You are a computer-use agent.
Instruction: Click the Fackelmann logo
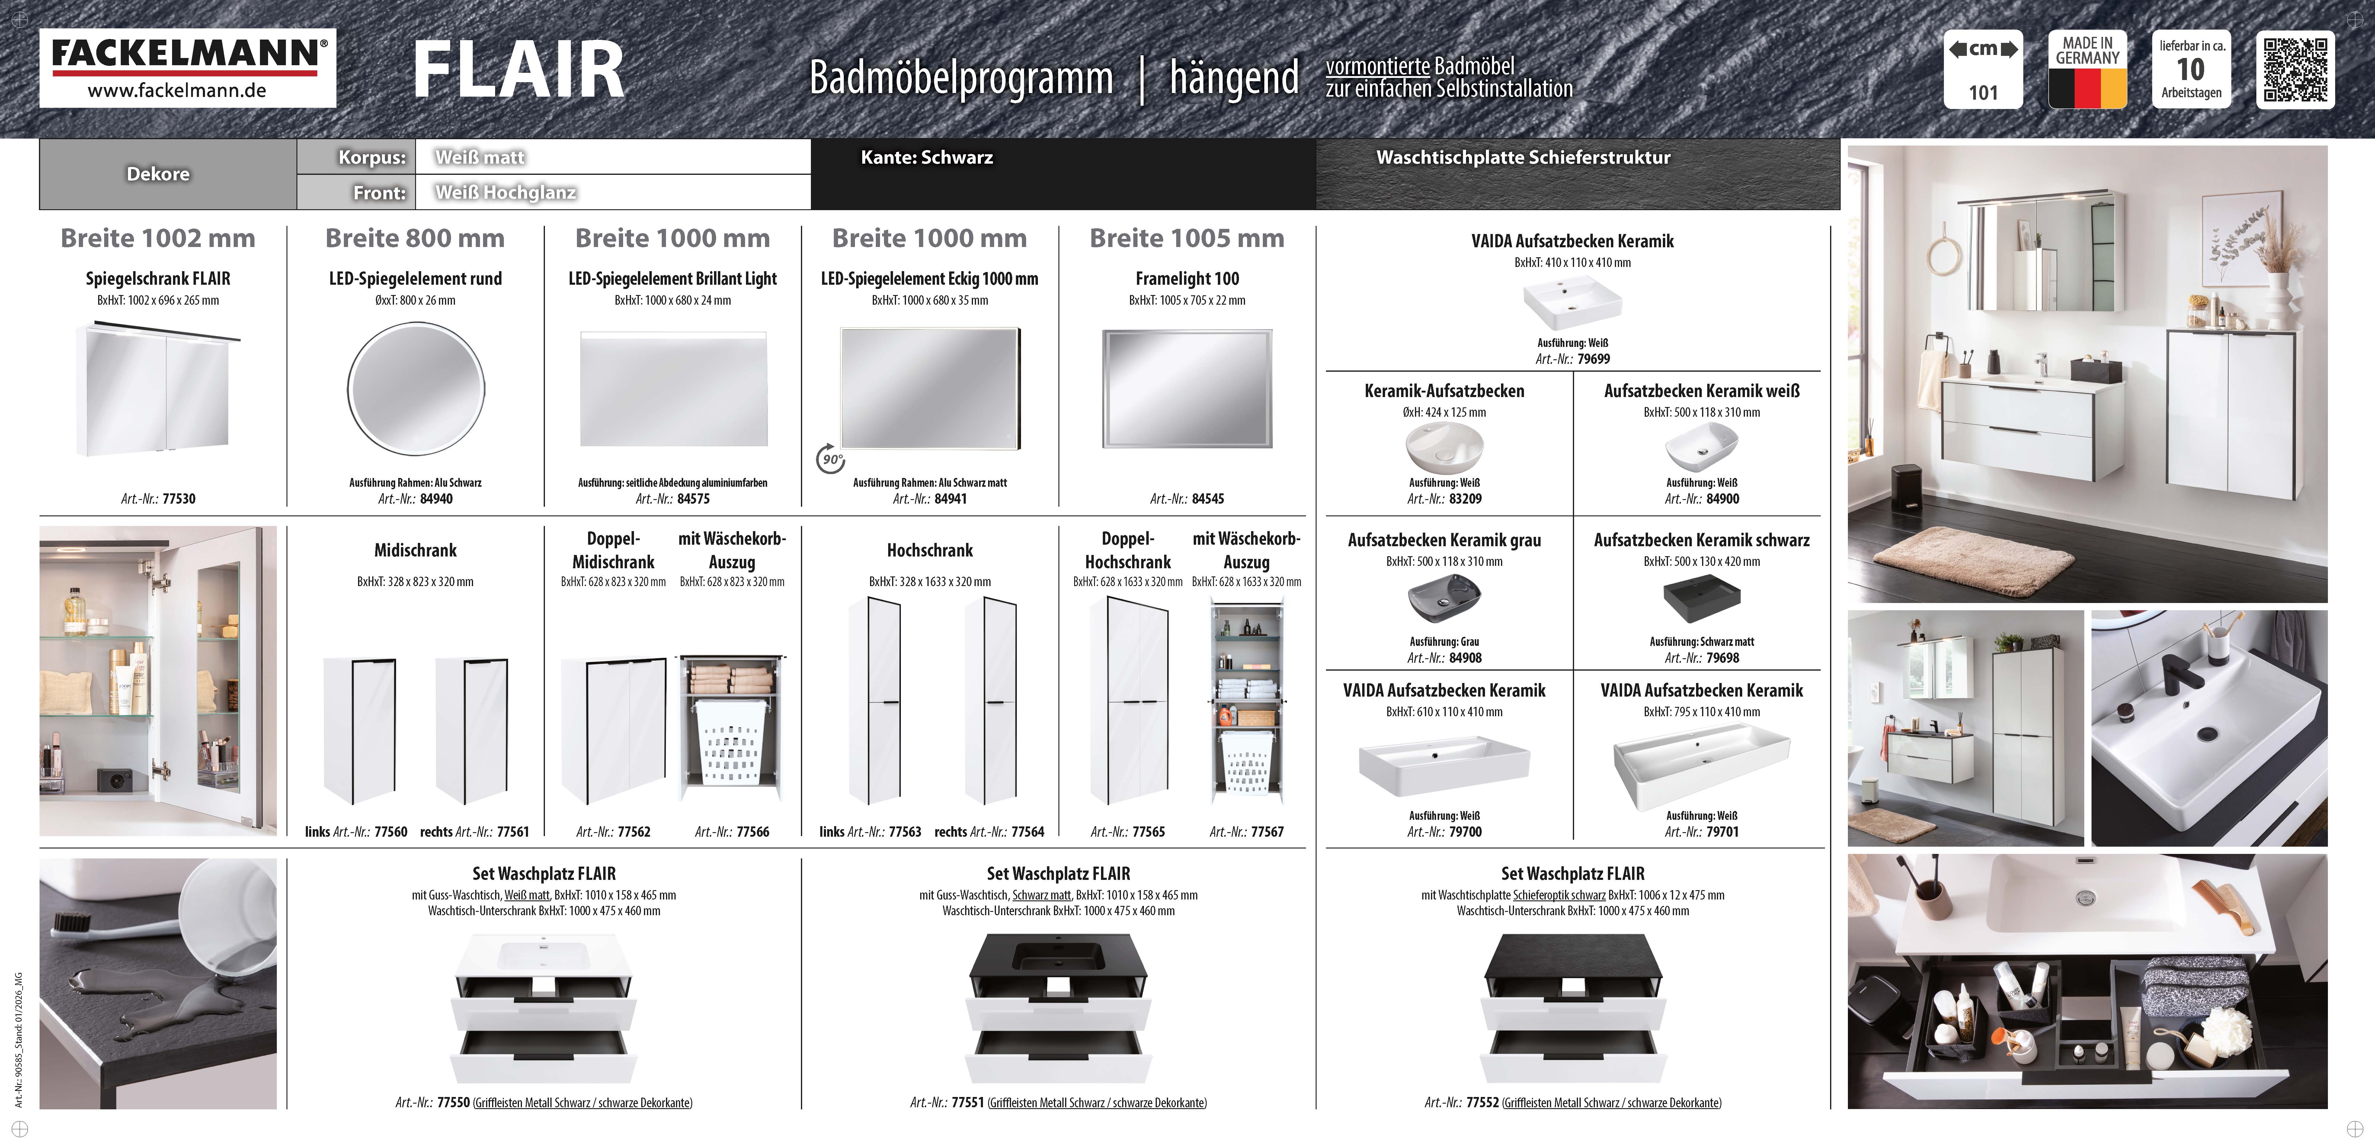[x=187, y=67]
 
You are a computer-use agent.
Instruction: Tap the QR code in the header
[x=2295, y=69]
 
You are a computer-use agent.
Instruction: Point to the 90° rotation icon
[x=831, y=458]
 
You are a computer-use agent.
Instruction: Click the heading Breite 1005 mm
[x=1186, y=238]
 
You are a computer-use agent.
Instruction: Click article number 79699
[x=1593, y=359]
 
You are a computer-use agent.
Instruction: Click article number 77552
[x=1482, y=1103]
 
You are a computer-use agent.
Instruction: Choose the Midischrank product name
[x=415, y=550]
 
